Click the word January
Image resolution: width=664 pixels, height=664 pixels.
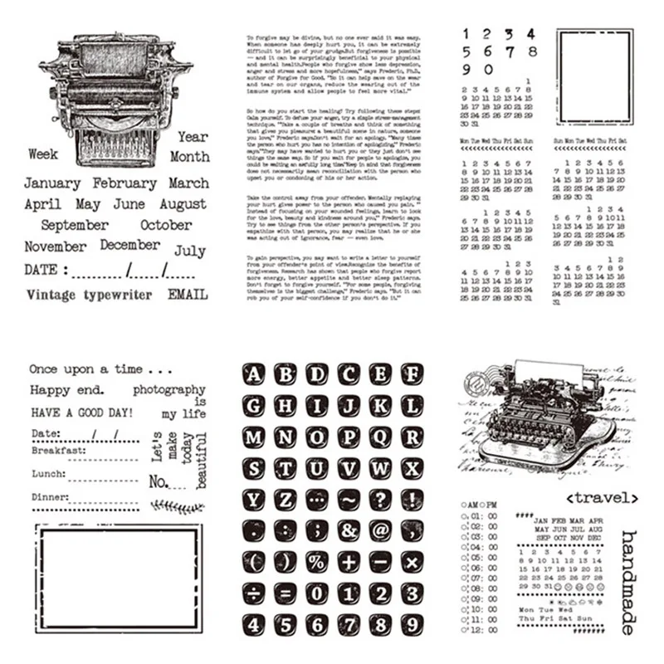[x=52, y=183]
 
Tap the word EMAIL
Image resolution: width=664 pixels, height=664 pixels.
[x=188, y=294]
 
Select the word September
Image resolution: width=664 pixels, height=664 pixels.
[x=75, y=225]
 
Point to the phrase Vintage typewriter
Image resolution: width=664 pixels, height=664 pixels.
[x=89, y=295]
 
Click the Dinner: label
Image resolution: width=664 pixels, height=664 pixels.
[x=50, y=497]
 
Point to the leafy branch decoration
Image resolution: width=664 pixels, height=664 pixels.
[x=177, y=506]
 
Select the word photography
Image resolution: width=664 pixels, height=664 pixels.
[x=168, y=389]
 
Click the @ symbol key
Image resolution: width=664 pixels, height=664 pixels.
[x=380, y=530]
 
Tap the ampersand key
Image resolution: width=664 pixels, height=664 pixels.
[x=349, y=530]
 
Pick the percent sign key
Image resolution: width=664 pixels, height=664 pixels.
[x=316, y=562]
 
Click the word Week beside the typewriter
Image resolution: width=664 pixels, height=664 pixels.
[x=43, y=154]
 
